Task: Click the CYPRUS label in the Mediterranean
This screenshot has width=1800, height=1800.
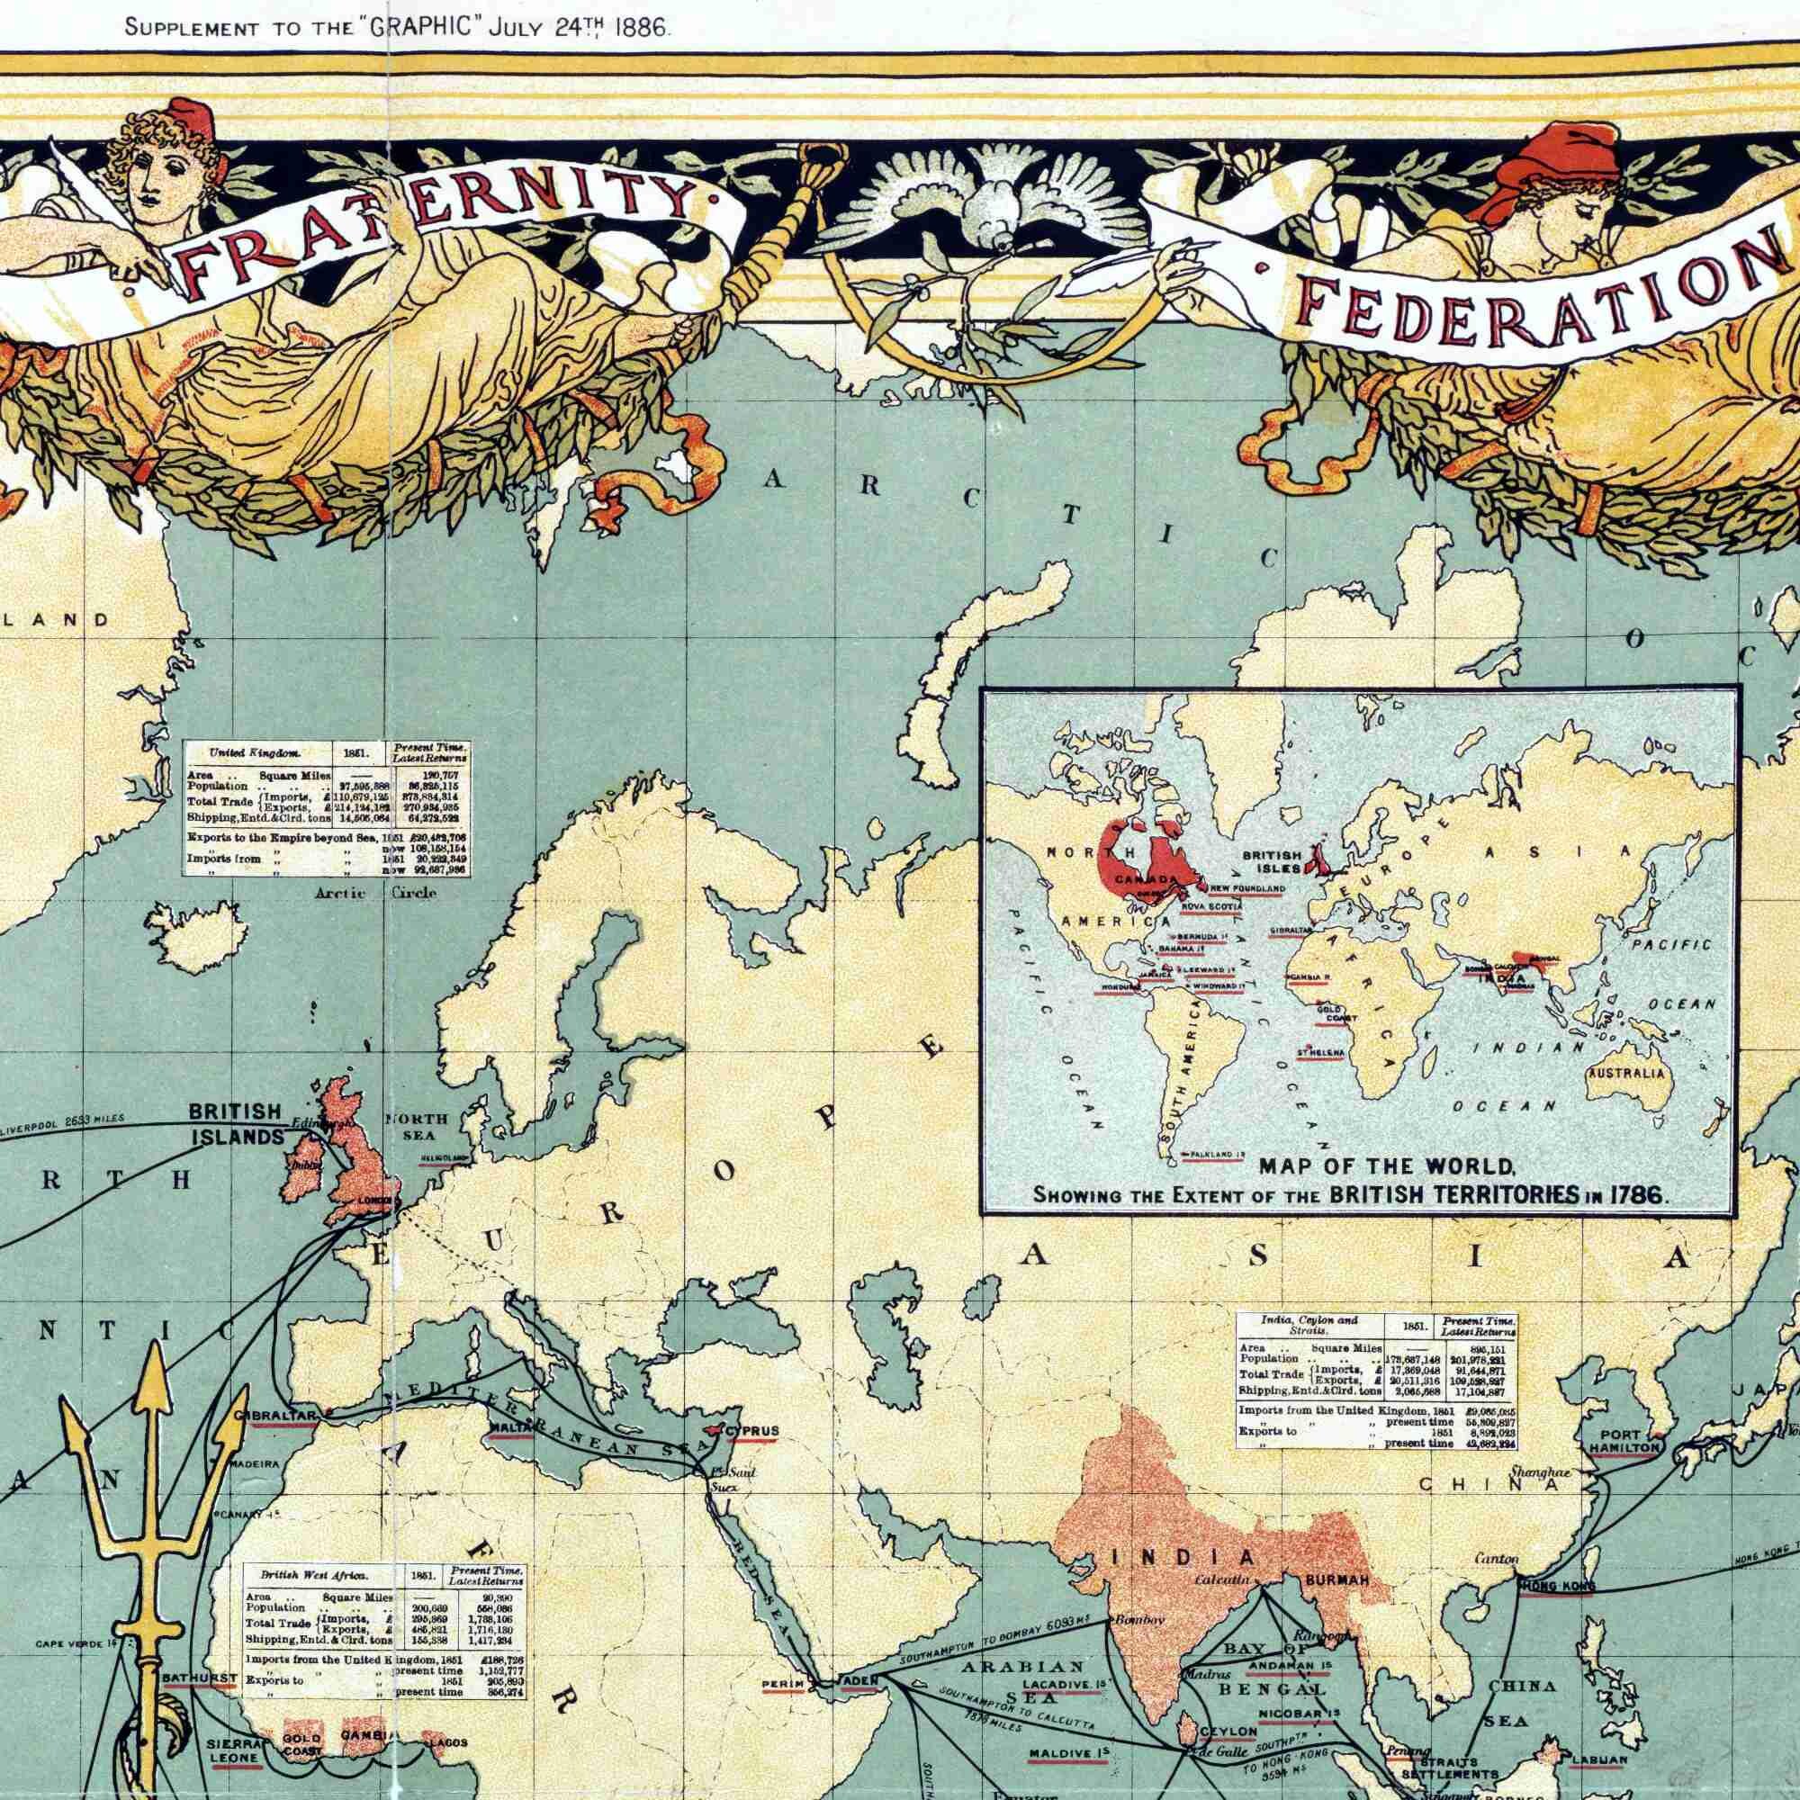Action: pos(751,1430)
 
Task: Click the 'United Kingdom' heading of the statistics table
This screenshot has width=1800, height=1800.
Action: pos(241,751)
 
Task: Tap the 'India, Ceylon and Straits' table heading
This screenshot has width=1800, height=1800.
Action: pos(1308,1325)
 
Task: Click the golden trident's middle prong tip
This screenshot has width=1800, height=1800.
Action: pos(153,1353)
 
